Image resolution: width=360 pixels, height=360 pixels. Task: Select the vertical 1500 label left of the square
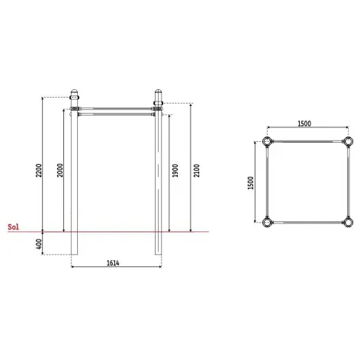click(x=252, y=182)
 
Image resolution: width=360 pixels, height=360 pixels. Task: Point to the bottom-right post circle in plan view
click(x=348, y=223)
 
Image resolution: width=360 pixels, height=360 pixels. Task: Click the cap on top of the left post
click(x=74, y=97)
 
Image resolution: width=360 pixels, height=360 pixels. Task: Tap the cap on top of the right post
click(x=159, y=97)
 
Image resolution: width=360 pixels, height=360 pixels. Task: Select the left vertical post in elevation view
click(x=74, y=183)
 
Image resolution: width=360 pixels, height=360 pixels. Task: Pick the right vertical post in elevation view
click(x=159, y=183)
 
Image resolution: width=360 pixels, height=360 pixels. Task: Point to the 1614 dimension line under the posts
click(x=92, y=267)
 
